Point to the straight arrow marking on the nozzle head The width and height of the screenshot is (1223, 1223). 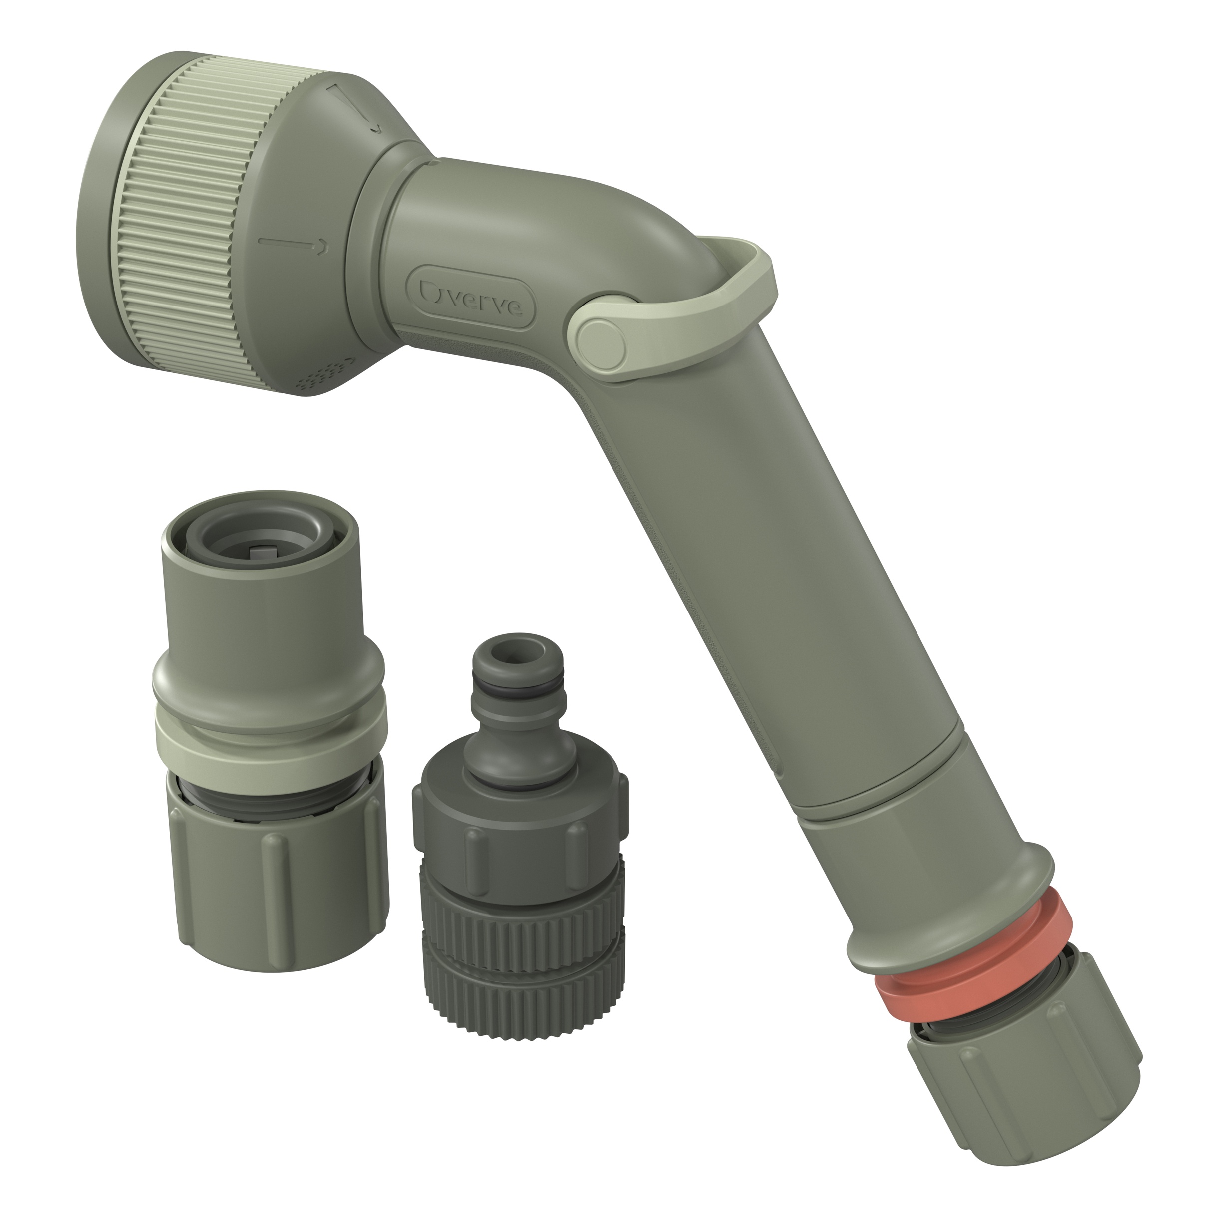[295, 243]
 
